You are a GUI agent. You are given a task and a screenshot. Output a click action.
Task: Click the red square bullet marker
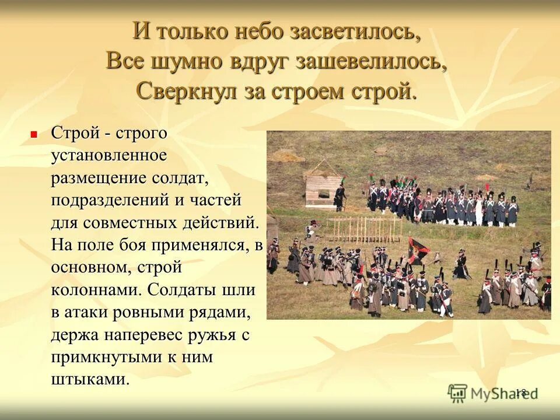[34, 134]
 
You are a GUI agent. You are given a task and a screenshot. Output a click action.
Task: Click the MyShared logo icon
[458, 393]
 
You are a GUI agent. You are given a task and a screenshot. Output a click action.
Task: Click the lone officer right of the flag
[461, 265]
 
